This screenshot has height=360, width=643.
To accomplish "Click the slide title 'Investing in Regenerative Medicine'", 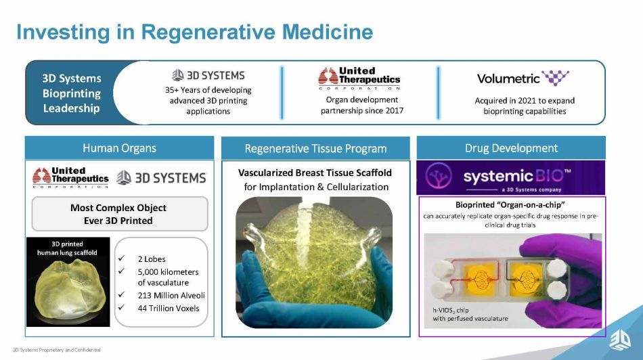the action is [x=195, y=32].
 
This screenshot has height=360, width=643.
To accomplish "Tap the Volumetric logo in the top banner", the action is [x=523, y=78].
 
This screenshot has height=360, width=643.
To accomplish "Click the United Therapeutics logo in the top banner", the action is [x=359, y=78].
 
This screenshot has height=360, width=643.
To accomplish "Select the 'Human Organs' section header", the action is [x=119, y=148].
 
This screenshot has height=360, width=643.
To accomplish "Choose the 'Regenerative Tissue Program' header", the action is [x=315, y=148].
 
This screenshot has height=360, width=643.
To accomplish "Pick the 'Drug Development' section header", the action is [x=511, y=148].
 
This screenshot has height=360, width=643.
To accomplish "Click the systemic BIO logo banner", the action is [x=510, y=177].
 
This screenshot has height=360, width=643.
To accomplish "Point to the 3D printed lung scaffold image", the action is [x=68, y=282].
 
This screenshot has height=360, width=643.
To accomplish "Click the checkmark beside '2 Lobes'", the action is [x=121, y=258].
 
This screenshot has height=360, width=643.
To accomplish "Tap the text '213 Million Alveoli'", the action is [x=171, y=295].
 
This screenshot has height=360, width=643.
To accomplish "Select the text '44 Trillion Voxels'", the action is [x=169, y=309].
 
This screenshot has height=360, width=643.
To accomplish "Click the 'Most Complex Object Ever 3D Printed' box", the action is [x=120, y=214].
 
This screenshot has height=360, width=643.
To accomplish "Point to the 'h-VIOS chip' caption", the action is [x=470, y=315].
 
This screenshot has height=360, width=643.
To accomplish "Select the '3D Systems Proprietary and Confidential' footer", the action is [x=57, y=350].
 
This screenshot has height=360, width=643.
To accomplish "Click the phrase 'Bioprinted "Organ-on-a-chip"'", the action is [x=510, y=204].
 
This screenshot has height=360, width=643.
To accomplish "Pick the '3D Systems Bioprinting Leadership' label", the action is [x=72, y=93].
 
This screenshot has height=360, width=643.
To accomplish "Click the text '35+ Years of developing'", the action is [x=208, y=90].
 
